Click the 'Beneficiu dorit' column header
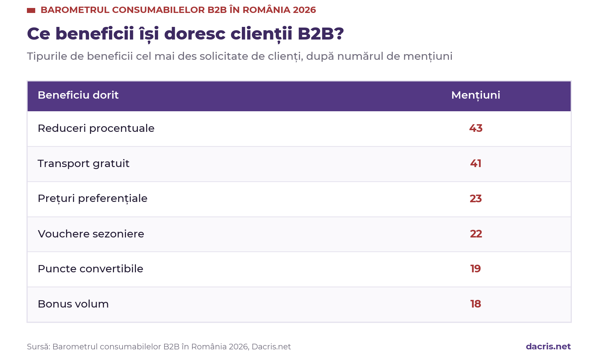coord(78,95)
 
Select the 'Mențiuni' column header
coord(476,95)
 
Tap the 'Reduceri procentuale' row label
coord(96,129)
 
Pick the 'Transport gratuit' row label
coord(83,164)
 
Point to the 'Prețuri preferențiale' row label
coord(92,199)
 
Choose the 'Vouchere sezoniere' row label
coord(91,234)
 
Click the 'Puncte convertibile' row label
coord(90,269)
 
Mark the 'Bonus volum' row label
coord(73,304)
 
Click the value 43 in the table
coord(476,128)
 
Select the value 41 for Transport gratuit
coord(476,163)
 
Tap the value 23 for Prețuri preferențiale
coord(476,199)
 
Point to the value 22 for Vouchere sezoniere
coord(476,234)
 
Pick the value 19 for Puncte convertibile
coord(476,269)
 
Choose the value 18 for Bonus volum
coord(476,304)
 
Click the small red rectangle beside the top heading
coord(31,11)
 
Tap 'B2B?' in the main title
coord(321,34)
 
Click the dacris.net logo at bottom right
coord(548,347)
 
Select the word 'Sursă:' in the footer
coord(39,347)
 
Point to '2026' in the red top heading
coord(304,10)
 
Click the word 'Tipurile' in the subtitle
coord(47,56)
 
